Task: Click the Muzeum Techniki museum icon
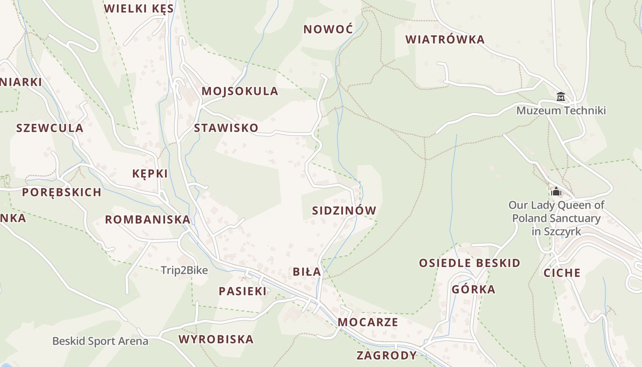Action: (560, 97)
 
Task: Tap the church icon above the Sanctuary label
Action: (556, 191)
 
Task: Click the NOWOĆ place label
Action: (328, 29)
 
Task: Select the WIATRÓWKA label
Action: (445, 39)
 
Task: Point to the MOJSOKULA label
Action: (240, 91)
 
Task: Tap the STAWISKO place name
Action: (226, 128)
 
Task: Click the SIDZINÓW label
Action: (344, 211)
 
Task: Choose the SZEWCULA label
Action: (50, 128)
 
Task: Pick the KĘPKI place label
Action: (150, 174)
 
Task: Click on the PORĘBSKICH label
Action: (62, 192)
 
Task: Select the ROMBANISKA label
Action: (148, 220)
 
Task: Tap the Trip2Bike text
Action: (184, 271)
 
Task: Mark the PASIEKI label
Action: (243, 291)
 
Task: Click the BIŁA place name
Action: (307, 272)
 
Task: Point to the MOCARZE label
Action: (368, 322)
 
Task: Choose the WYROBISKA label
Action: (216, 339)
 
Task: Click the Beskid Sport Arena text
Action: (100, 341)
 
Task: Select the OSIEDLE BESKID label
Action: (470, 263)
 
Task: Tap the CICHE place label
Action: (562, 273)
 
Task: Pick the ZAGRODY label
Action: (387, 356)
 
